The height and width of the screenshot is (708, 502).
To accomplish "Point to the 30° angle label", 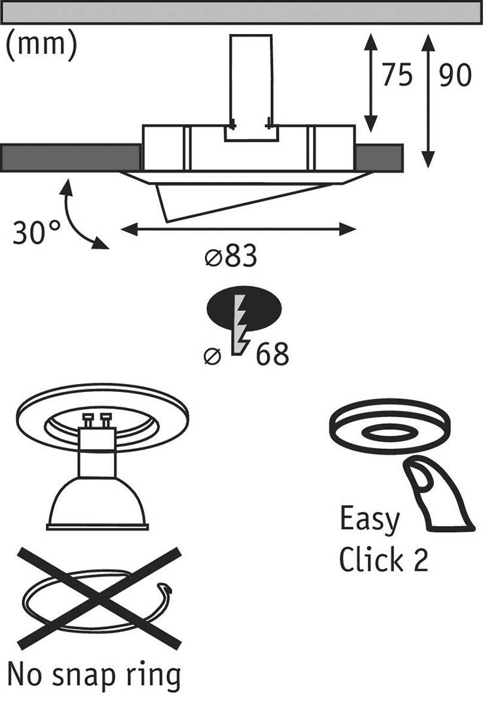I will [36, 232].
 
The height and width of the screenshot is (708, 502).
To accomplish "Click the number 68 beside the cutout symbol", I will [272, 355].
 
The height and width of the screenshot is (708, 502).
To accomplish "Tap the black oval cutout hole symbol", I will [243, 310].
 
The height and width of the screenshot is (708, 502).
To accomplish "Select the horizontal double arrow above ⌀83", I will [239, 229].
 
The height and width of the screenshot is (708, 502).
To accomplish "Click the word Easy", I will [369, 520].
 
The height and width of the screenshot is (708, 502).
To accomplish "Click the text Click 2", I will [383, 560].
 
